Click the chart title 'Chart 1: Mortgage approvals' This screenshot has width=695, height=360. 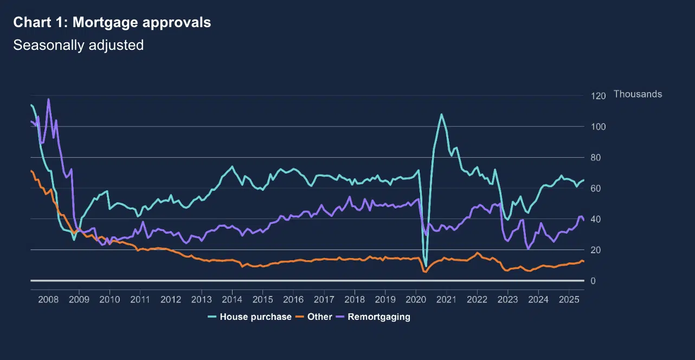(x=112, y=23)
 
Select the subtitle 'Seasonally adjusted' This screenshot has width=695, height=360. (x=78, y=45)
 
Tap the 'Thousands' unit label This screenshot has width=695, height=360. (x=638, y=94)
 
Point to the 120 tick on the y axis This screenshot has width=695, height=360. (x=599, y=96)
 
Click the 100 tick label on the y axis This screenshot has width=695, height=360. (x=599, y=127)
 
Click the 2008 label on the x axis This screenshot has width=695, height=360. (x=48, y=299)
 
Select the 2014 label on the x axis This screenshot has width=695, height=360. (x=232, y=299)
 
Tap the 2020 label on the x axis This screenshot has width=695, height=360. (x=416, y=299)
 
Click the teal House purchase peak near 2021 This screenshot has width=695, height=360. (x=441, y=114)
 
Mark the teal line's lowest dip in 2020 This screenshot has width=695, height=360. (x=426, y=266)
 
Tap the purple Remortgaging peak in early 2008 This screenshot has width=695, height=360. (x=49, y=99)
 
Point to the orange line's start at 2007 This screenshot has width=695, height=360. (x=31, y=171)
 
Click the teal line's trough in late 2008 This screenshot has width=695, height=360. (x=74, y=239)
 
